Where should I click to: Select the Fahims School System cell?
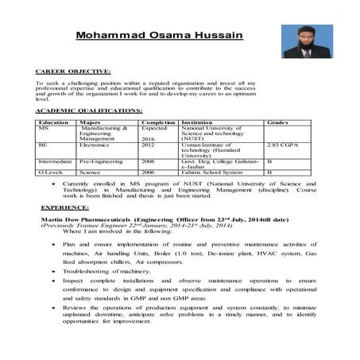pyautogui.click(x=211, y=171)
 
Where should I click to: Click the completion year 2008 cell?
pyautogui.click(x=148, y=160)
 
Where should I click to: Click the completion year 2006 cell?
pyautogui.click(x=148, y=171)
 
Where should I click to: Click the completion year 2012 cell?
pyautogui.click(x=148, y=146)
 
